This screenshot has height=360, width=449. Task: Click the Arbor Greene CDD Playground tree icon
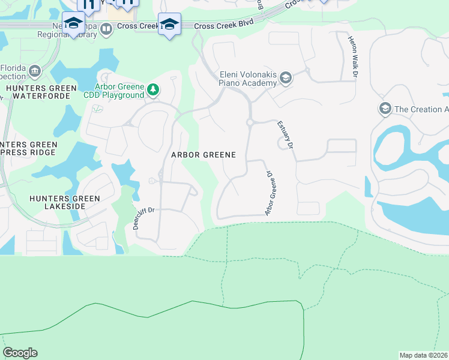point(154,90)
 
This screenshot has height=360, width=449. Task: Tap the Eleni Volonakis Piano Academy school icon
point(286,77)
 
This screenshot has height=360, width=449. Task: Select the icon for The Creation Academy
point(384,109)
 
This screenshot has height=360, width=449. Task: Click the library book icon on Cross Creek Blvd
point(106,28)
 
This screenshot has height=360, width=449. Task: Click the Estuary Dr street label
point(285,136)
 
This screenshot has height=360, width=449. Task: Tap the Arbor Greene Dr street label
point(270,194)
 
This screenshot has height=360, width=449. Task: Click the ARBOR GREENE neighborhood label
point(203,155)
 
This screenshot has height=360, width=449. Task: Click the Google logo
point(20,353)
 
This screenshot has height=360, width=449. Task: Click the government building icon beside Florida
point(34,72)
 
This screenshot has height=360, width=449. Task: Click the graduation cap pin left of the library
point(73,24)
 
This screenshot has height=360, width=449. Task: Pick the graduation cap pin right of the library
point(170,24)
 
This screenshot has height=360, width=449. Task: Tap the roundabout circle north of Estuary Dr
point(249,122)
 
